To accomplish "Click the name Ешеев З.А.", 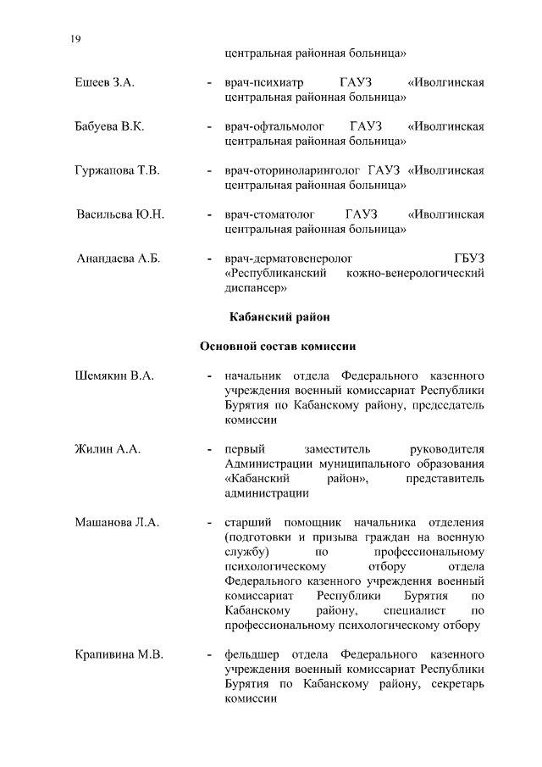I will (104, 82).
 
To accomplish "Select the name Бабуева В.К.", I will (109, 127).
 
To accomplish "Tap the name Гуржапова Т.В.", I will (117, 171).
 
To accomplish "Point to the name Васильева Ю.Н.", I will (120, 214).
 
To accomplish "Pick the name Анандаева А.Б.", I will (119, 258).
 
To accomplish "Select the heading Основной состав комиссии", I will (278, 347).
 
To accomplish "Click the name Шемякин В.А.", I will (114, 375).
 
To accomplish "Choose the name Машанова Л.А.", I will (117, 522).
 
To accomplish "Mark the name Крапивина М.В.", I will (119, 655).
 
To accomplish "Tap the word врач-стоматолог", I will (269, 214).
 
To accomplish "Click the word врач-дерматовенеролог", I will (288, 258).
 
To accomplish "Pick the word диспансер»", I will (257, 287).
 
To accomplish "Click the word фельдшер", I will (252, 655).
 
